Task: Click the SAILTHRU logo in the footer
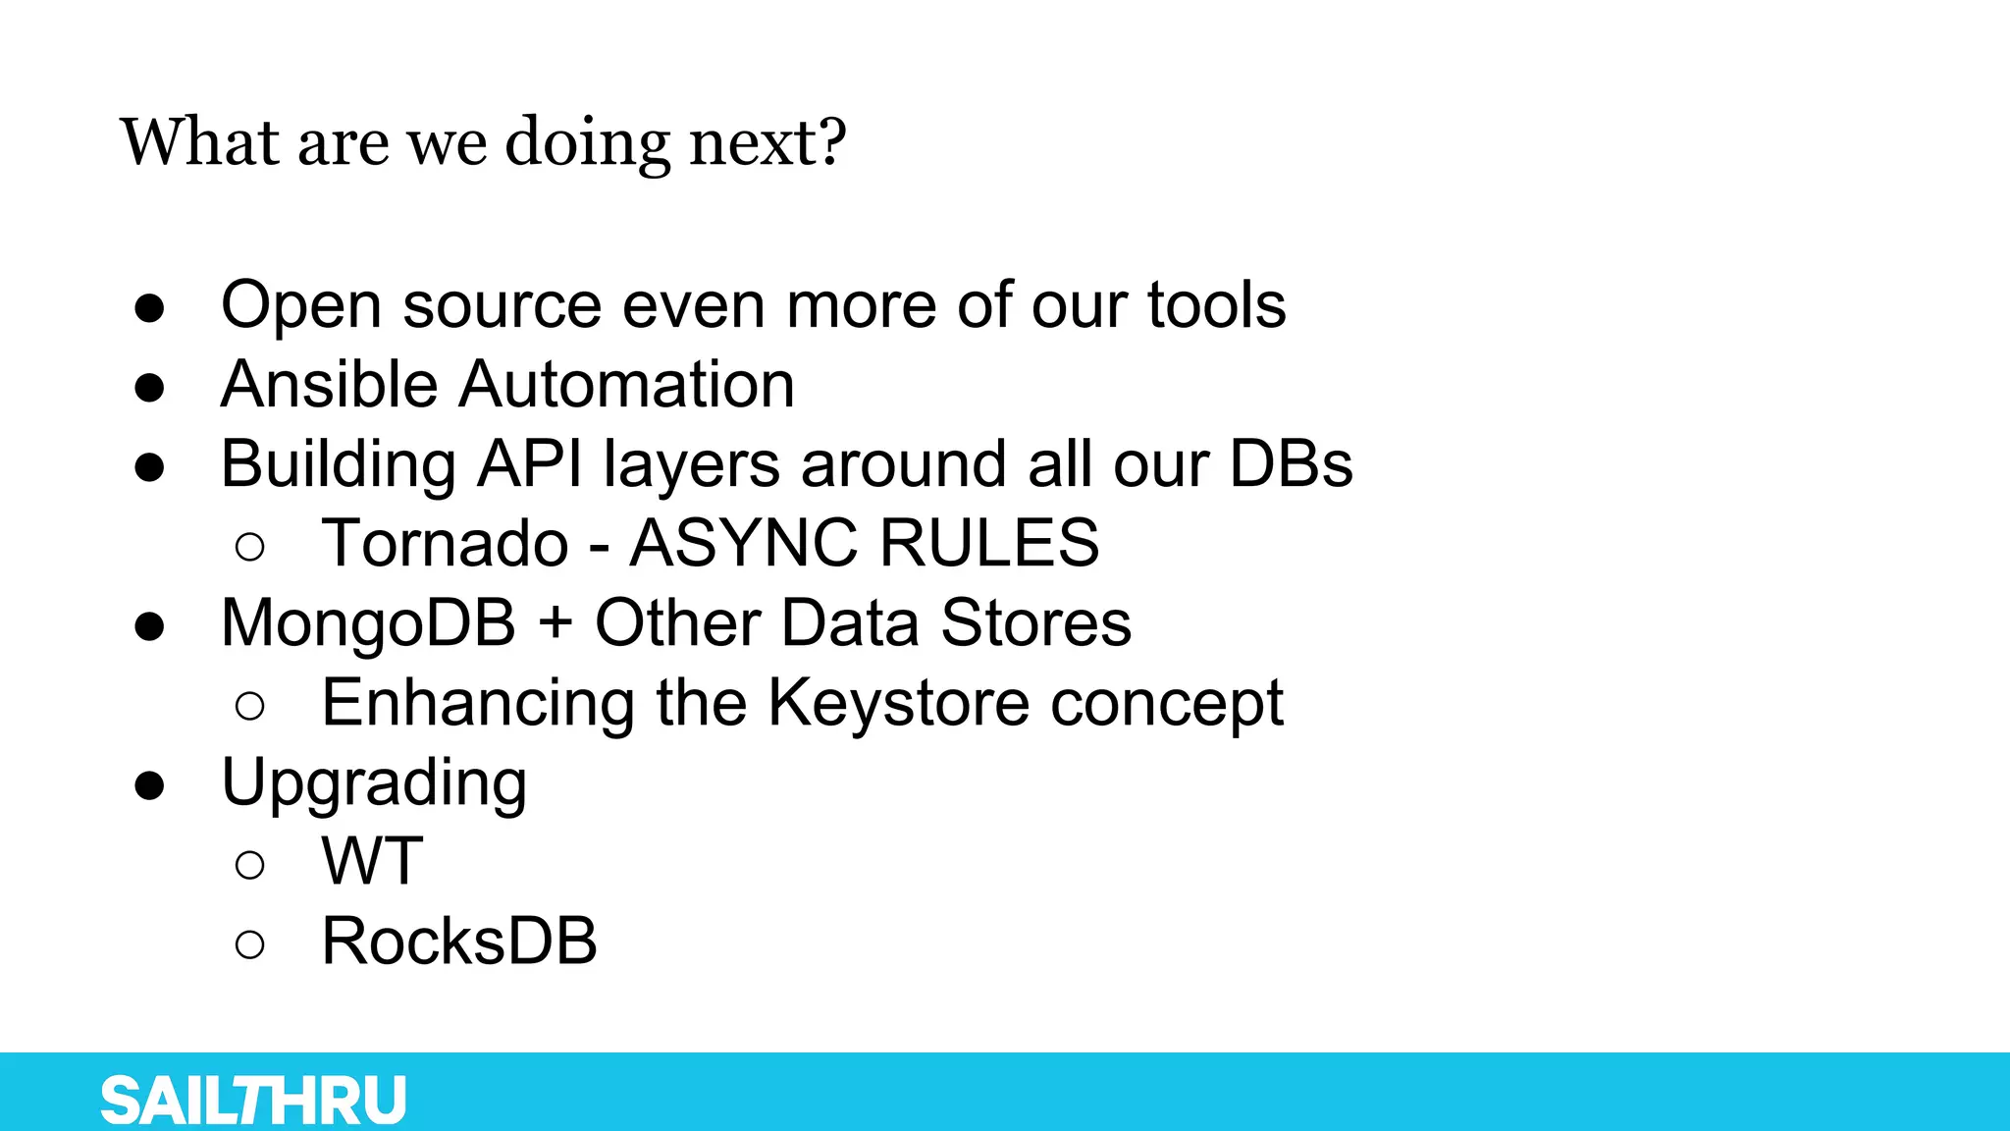point(253,1100)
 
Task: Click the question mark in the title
point(833,142)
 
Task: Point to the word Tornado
point(445,543)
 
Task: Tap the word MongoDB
point(368,623)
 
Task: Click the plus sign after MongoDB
point(555,623)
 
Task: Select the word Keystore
point(898,703)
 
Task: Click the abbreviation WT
point(372,862)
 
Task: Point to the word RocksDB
point(459,942)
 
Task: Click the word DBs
point(1291,463)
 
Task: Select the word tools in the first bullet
point(1216,304)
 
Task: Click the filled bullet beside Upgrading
point(149,784)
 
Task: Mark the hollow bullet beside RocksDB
point(250,944)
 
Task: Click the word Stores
point(1035,623)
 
